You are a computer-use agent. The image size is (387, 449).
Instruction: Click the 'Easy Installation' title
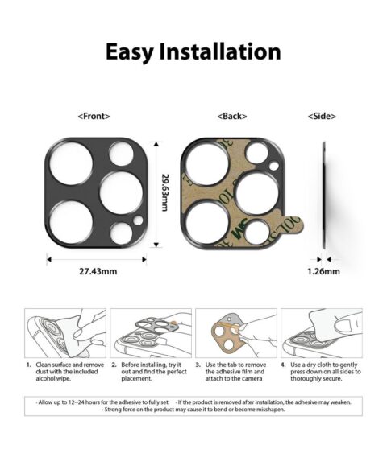click(x=193, y=53)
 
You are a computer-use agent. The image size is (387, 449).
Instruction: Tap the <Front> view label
click(x=94, y=117)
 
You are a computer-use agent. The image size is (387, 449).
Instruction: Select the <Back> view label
click(x=231, y=117)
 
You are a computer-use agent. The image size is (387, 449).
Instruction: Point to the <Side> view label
click(x=322, y=117)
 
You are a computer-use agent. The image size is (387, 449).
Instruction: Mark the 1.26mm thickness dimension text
click(x=324, y=271)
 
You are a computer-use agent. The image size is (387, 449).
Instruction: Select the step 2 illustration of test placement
click(x=151, y=334)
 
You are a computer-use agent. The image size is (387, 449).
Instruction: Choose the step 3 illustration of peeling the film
click(x=235, y=334)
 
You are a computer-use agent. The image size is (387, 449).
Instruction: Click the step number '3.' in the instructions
click(x=198, y=365)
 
